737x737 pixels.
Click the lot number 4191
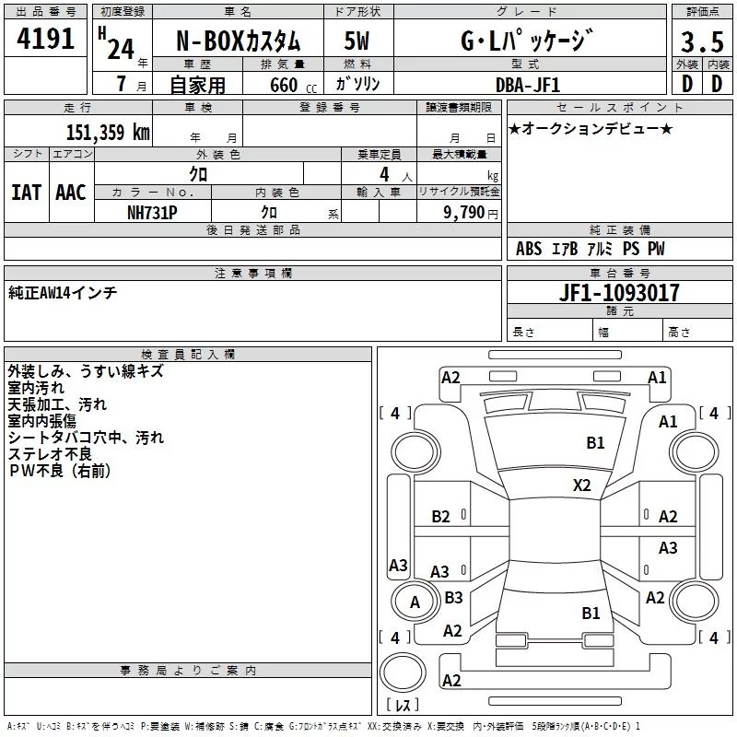[x=45, y=38]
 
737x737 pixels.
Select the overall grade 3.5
[x=702, y=41]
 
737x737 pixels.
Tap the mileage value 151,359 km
[x=108, y=132]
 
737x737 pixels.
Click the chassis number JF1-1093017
[x=619, y=292]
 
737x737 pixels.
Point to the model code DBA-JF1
[x=528, y=85]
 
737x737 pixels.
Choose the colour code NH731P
[x=152, y=213]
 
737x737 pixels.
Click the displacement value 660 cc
[x=293, y=85]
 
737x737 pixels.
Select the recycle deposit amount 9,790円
[x=471, y=213]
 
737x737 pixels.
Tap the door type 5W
[x=357, y=41]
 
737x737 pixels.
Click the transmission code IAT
[x=26, y=193]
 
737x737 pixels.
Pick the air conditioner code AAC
[x=71, y=193]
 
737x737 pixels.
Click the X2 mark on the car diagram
[x=581, y=485]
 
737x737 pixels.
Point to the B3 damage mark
[x=453, y=597]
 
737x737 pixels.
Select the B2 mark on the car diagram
[x=440, y=517]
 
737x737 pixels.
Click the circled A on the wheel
[x=415, y=602]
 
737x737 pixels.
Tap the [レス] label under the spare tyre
[x=403, y=704]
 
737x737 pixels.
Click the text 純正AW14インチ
[x=63, y=293]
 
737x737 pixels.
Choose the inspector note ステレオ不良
[x=50, y=454]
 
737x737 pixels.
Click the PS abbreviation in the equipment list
[x=631, y=248]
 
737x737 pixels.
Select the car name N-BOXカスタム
[x=238, y=41]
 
